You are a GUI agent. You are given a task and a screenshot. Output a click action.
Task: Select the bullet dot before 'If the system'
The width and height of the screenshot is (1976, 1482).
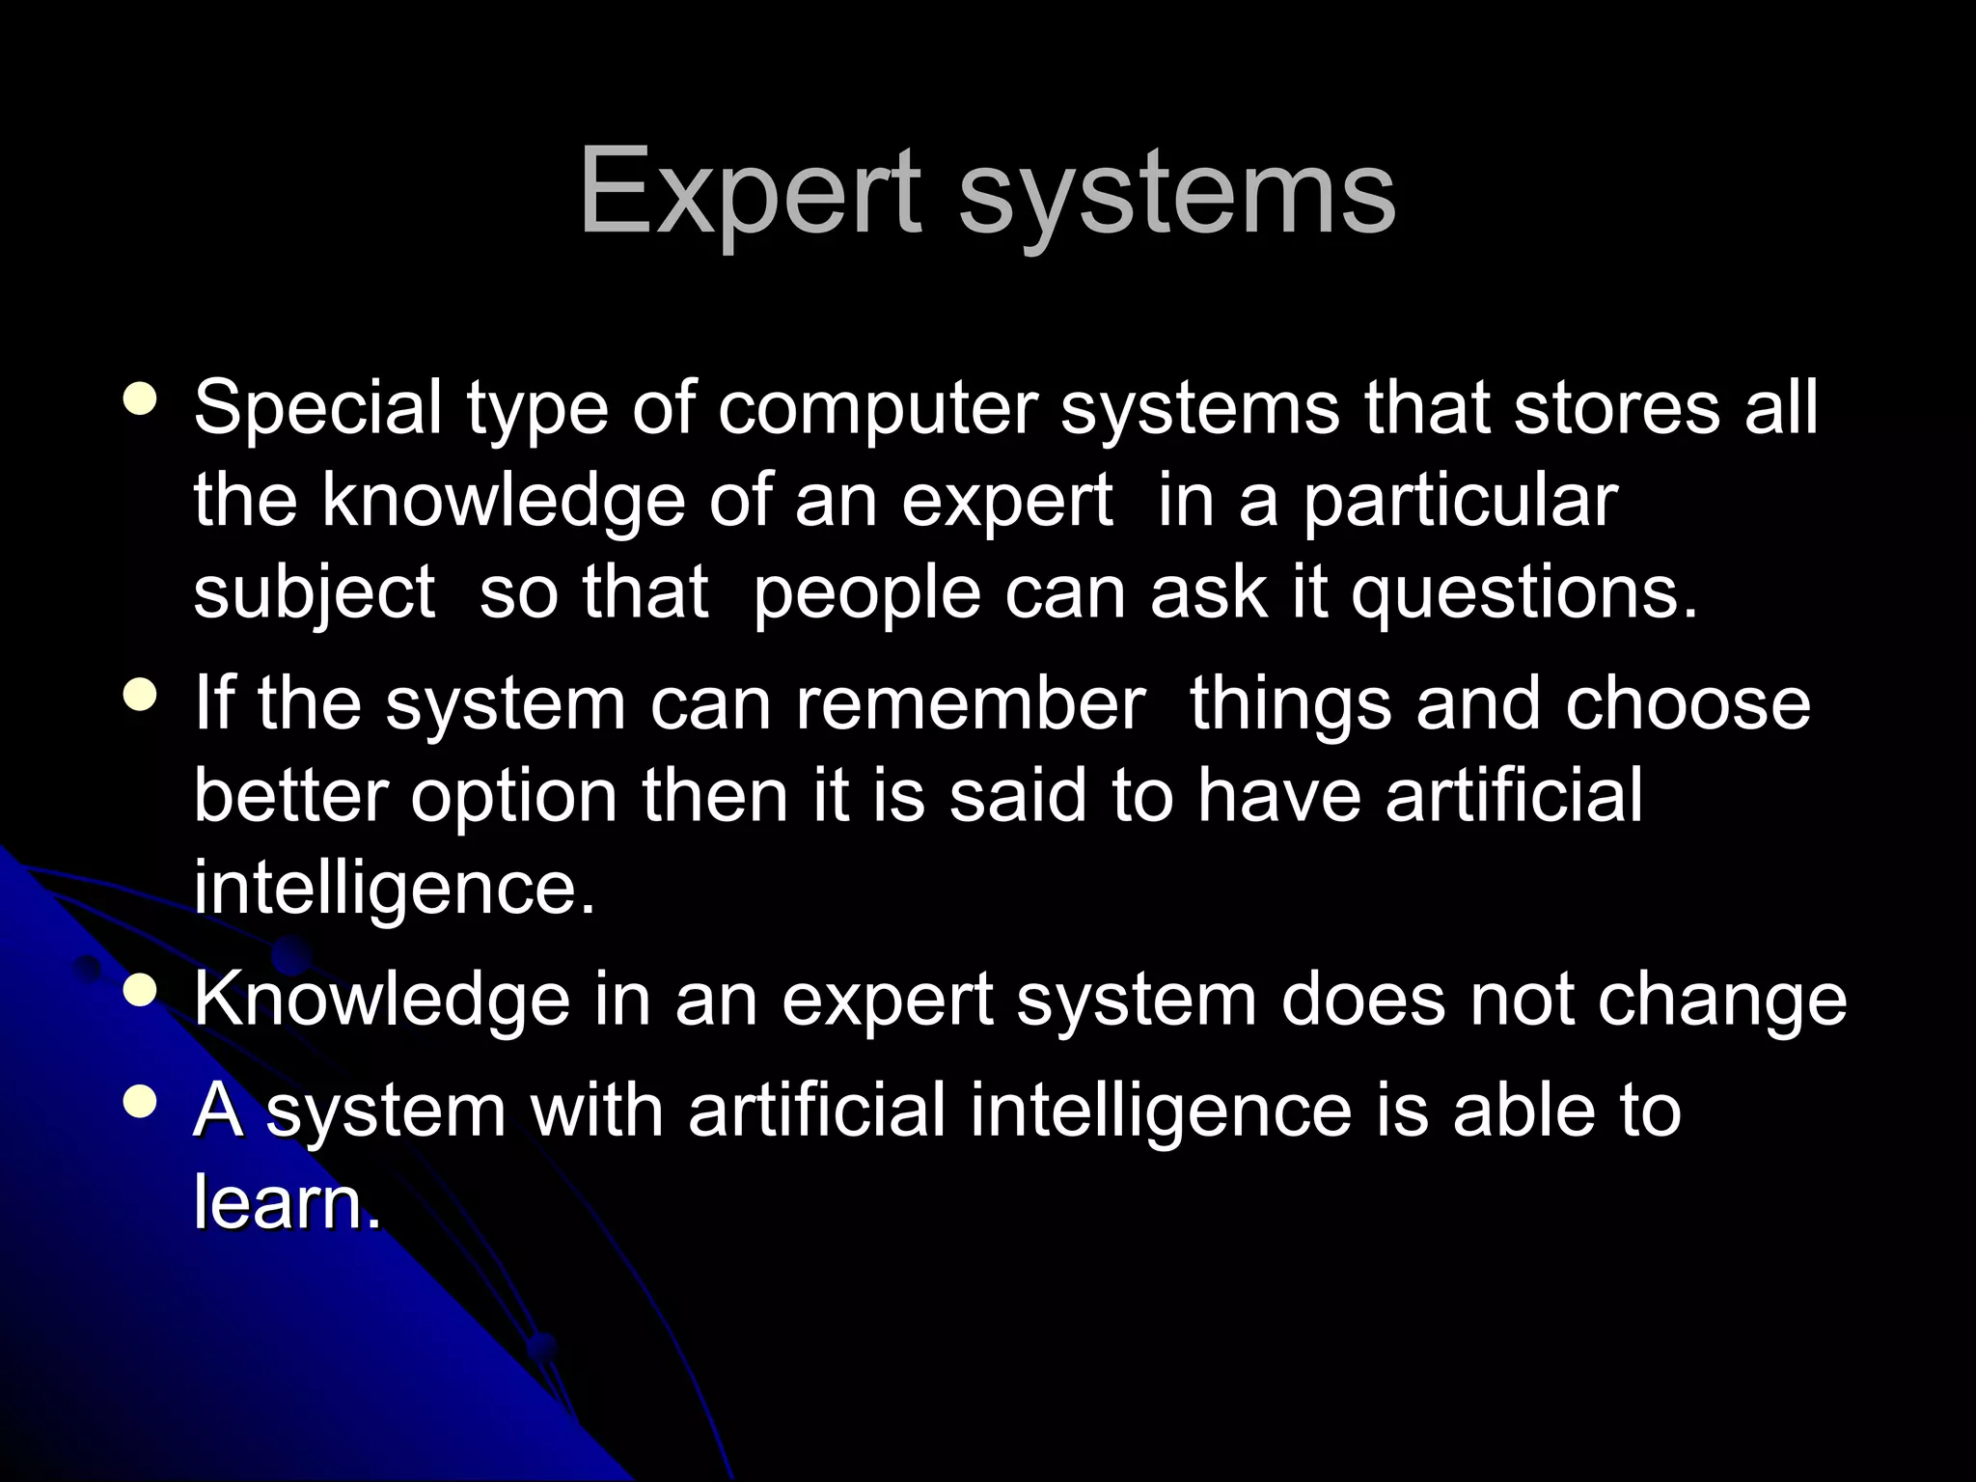click(x=141, y=696)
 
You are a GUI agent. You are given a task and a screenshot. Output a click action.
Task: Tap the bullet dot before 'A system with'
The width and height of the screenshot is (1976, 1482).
click(x=141, y=1102)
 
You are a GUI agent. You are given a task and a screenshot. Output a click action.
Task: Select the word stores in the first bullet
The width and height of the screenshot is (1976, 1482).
click(x=1617, y=407)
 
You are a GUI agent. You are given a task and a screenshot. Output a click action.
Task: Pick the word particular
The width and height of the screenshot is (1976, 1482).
click(x=1460, y=502)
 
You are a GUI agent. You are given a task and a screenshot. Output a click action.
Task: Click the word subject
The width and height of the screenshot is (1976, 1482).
click(x=315, y=594)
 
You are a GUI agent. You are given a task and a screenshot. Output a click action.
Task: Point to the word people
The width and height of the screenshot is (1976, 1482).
click(x=866, y=594)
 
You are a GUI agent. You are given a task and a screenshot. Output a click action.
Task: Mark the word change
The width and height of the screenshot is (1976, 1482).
click(x=1722, y=1002)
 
